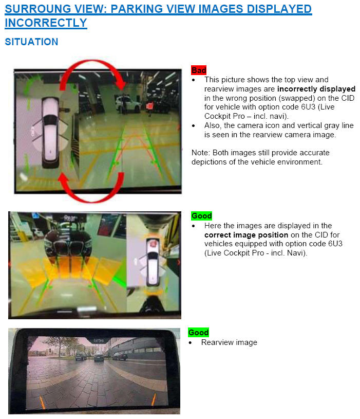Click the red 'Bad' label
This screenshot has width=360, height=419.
tap(199, 70)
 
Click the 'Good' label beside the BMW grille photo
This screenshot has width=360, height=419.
tap(201, 215)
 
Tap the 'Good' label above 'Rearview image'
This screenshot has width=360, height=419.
tap(198, 333)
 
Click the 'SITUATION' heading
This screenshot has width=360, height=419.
tap(31, 42)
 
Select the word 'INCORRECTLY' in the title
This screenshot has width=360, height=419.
tap(46, 23)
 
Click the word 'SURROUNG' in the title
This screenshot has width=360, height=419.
tap(38, 9)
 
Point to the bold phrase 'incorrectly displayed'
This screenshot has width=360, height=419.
tap(316, 89)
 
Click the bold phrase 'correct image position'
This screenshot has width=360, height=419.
tap(246, 235)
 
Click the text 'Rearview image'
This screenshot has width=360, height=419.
tap(229, 342)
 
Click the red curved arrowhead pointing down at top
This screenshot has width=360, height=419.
tap(121, 84)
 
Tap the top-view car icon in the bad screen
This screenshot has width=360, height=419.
tap(50, 132)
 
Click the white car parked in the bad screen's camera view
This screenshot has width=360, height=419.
tap(127, 104)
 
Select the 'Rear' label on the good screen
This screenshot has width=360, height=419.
tap(70, 218)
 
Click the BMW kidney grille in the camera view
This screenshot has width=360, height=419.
tap(69, 248)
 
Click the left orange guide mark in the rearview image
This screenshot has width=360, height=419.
tap(42, 403)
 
